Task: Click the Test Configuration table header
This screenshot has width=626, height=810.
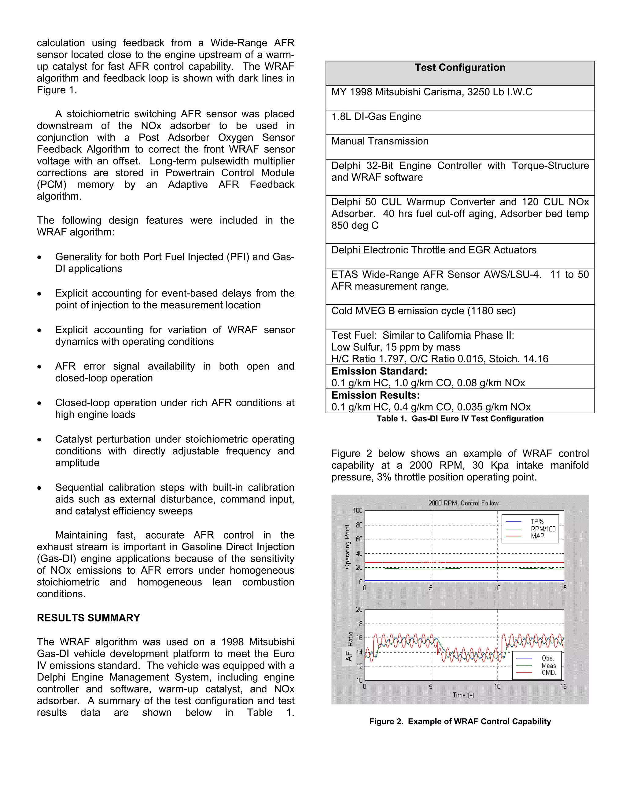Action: click(460, 68)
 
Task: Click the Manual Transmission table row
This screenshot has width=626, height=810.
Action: click(380, 141)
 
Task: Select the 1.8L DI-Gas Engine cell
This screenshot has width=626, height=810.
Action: click(376, 117)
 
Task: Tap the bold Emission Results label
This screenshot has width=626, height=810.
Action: click(375, 395)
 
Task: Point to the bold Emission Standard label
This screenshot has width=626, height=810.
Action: click(379, 371)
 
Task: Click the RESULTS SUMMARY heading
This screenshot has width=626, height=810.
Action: click(88, 618)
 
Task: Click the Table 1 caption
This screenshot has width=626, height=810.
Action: click(460, 419)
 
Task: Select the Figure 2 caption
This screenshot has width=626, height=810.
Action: click(460, 721)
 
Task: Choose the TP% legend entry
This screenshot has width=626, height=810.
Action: click(537, 521)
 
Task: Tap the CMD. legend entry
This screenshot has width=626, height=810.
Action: click(548, 673)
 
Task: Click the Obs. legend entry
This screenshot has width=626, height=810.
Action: click(547, 658)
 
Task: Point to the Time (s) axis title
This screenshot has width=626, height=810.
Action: click(463, 695)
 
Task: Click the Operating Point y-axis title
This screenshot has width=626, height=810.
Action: click(348, 547)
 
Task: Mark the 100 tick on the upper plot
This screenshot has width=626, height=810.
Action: click(358, 511)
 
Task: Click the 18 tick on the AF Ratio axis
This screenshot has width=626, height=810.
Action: click(359, 624)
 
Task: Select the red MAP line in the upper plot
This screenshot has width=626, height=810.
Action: click(464, 563)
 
